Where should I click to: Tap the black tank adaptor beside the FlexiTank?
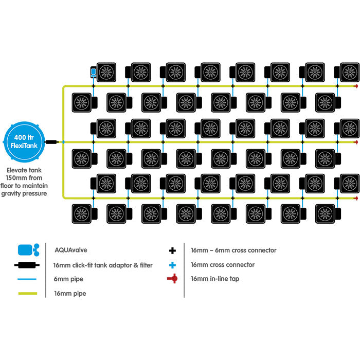[51, 141]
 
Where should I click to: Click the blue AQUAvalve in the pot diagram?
[93, 73]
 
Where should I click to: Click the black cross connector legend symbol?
[172, 250]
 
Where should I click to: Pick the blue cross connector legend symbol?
[172, 265]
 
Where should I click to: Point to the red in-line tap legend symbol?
[172, 279]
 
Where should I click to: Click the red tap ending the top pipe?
[356, 86]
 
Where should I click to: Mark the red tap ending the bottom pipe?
[356, 197]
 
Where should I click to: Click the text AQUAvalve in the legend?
[69, 251]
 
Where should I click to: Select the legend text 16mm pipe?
[69, 293]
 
